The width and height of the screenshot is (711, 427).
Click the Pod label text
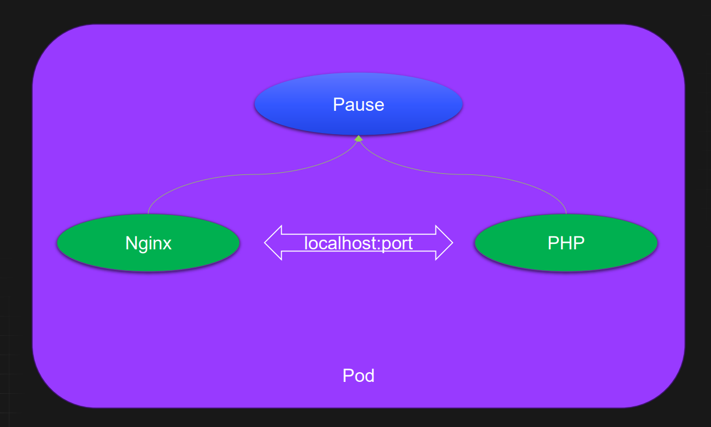coord(358,375)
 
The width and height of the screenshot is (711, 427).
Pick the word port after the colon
coord(396,243)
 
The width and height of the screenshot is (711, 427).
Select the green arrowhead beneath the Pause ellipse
coord(358,139)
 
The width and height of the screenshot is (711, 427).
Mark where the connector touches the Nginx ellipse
coord(148,214)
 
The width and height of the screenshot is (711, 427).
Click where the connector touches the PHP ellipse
coord(566,214)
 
